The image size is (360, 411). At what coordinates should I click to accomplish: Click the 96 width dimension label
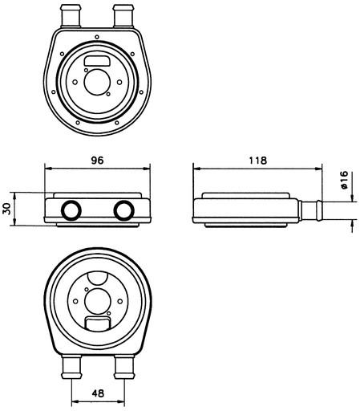click(x=97, y=161)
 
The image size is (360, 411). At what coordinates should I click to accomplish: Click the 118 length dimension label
click(x=257, y=161)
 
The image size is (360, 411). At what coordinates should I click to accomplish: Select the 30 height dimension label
click(x=6, y=209)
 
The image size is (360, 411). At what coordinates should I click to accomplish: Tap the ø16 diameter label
click(x=345, y=180)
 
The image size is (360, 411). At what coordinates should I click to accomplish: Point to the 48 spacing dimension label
click(x=98, y=393)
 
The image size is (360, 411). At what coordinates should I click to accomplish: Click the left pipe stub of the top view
click(x=71, y=15)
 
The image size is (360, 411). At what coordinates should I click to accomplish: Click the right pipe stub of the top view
click(x=123, y=15)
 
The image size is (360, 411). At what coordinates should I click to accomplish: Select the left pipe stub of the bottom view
click(x=71, y=366)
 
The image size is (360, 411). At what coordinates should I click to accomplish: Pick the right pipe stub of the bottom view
click(x=123, y=366)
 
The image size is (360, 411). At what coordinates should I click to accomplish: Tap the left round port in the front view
click(x=71, y=210)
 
